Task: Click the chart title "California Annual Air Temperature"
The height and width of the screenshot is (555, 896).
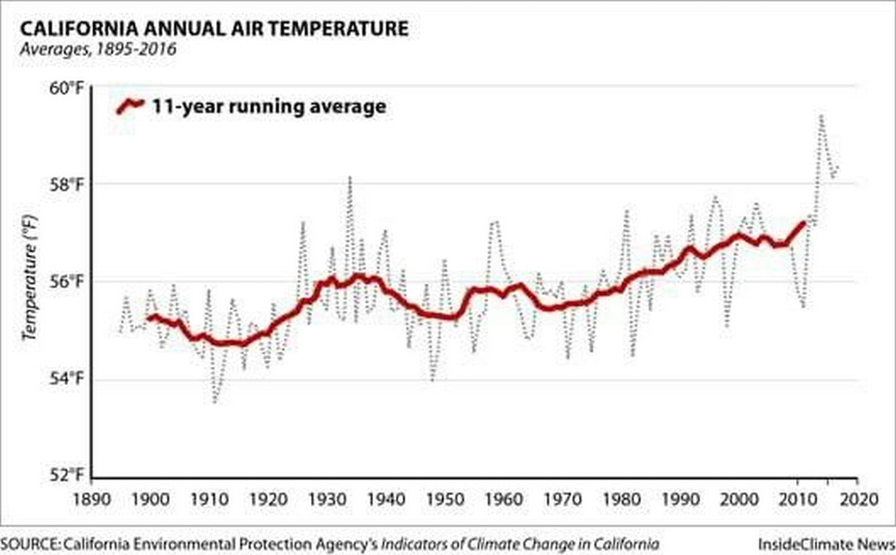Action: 214,29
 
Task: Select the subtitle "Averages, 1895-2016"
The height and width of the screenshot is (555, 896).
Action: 98,49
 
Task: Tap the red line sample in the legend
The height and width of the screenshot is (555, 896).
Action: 130,106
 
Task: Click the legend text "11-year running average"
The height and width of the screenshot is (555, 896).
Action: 269,107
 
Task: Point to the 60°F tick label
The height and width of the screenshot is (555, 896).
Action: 67,88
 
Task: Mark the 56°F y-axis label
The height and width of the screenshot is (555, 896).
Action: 67,282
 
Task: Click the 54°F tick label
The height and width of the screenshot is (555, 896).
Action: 67,378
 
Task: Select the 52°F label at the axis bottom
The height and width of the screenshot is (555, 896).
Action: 67,475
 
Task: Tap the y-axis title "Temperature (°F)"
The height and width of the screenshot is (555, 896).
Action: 30,278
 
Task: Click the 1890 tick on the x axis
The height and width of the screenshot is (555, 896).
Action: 91,500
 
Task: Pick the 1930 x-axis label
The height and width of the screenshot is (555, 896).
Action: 327,500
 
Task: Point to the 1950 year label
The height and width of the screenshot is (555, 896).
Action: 445,500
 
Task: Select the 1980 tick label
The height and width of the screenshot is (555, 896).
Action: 621,500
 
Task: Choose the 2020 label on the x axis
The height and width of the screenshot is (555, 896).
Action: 858,500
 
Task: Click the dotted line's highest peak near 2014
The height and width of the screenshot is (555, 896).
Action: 821,116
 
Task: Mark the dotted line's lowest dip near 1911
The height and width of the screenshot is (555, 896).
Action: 215,402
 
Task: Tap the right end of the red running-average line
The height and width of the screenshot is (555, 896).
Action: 803,223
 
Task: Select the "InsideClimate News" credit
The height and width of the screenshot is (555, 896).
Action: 826,544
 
